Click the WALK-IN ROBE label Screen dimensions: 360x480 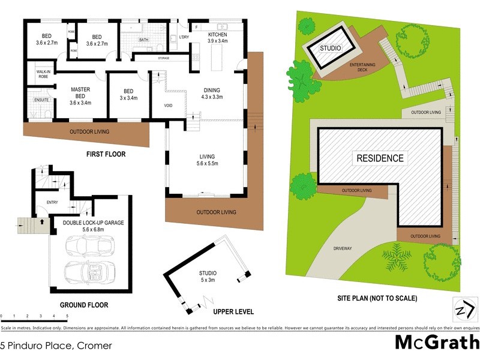tap(42, 74)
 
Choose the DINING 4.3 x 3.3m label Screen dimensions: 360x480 tap(212, 93)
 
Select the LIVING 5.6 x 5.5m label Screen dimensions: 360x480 tap(207, 160)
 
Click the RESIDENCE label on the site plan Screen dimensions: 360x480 tap(380, 158)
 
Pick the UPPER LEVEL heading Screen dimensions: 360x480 tap(233, 312)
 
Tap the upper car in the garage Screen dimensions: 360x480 tap(89, 246)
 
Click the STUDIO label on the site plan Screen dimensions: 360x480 tap(329, 48)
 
